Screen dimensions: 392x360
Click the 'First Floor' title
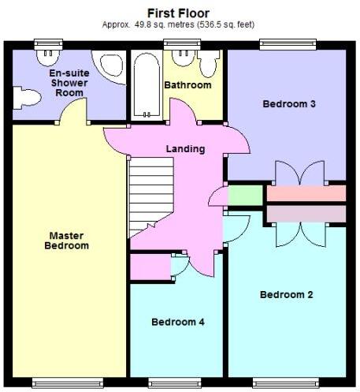(179, 12)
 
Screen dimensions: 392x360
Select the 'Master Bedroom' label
(69, 241)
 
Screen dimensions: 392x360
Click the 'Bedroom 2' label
(287, 294)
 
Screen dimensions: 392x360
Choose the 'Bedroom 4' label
(178, 322)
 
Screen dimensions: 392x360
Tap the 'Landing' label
(185, 149)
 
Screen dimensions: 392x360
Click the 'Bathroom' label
(187, 85)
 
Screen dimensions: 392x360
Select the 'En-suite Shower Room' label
(69, 82)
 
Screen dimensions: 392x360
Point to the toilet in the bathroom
(210, 63)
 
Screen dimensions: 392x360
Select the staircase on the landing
(151, 192)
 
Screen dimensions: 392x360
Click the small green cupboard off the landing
(246, 193)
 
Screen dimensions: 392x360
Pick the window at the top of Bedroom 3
(283, 44)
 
